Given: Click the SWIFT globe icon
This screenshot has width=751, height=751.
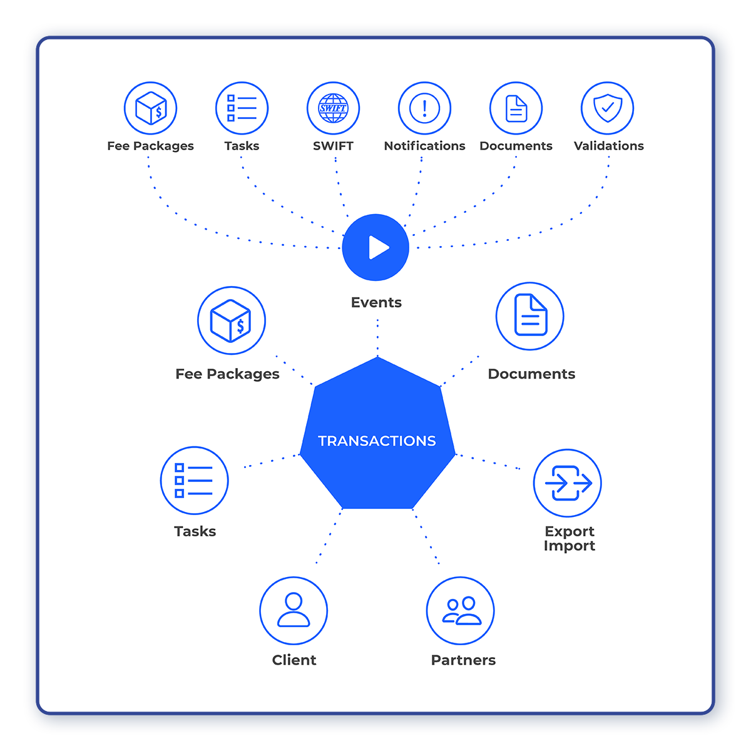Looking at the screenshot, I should (333, 108).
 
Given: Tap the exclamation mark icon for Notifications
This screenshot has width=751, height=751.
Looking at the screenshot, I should (424, 108).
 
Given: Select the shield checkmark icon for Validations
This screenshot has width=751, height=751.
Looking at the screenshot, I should (607, 108).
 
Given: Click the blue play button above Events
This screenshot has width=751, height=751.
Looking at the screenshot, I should (376, 247).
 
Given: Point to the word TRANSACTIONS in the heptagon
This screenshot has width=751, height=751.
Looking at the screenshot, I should (377, 441).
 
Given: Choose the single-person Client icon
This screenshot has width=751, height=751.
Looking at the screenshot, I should (294, 610).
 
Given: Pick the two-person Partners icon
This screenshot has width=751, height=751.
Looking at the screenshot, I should (461, 610).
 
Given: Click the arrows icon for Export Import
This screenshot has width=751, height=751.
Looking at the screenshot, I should (568, 483).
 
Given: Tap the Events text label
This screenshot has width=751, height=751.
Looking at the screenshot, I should (376, 302).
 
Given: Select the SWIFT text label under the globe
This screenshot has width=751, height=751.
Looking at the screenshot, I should (333, 146).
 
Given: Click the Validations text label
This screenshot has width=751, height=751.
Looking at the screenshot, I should (608, 146).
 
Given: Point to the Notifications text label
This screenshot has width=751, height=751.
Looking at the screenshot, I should (424, 146).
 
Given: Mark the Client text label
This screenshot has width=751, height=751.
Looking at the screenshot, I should (294, 660).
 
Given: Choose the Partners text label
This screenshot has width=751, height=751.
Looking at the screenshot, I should (463, 660).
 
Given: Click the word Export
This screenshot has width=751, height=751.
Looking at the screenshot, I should (570, 531).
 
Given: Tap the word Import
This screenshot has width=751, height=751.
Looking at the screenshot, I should (570, 546).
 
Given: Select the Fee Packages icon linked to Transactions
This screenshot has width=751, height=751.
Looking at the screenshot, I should (232, 320).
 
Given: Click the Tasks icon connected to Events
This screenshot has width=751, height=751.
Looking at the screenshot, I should (242, 108).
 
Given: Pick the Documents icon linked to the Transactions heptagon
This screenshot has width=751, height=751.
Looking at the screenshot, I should (530, 316).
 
